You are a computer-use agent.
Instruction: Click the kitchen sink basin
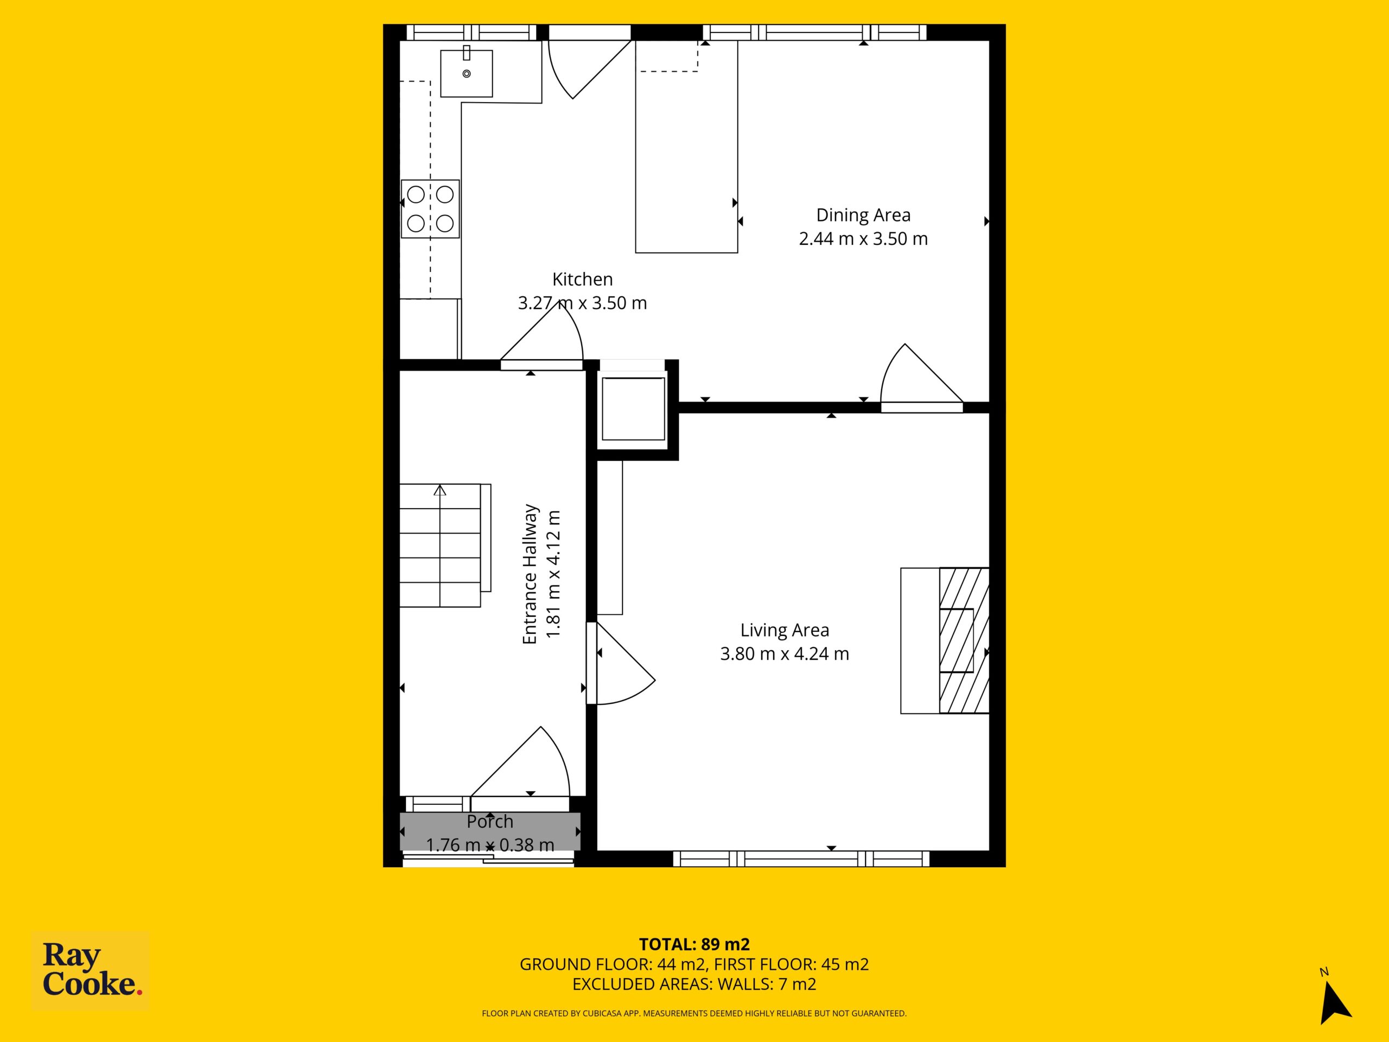[466, 73]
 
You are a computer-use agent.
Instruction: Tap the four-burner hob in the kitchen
[430, 208]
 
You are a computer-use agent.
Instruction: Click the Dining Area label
[863, 215]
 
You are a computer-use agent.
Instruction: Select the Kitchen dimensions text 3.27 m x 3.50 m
[582, 303]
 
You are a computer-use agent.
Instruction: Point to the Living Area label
[784, 630]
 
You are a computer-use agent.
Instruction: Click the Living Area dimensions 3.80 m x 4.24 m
[784, 654]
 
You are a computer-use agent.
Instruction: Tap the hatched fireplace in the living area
[964, 640]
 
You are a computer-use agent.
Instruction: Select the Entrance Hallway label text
[530, 574]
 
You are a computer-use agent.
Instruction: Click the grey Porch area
[490, 832]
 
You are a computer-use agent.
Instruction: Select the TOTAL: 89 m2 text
[694, 944]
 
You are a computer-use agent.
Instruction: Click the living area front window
[801, 858]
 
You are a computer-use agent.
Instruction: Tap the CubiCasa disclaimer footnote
[694, 1013]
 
